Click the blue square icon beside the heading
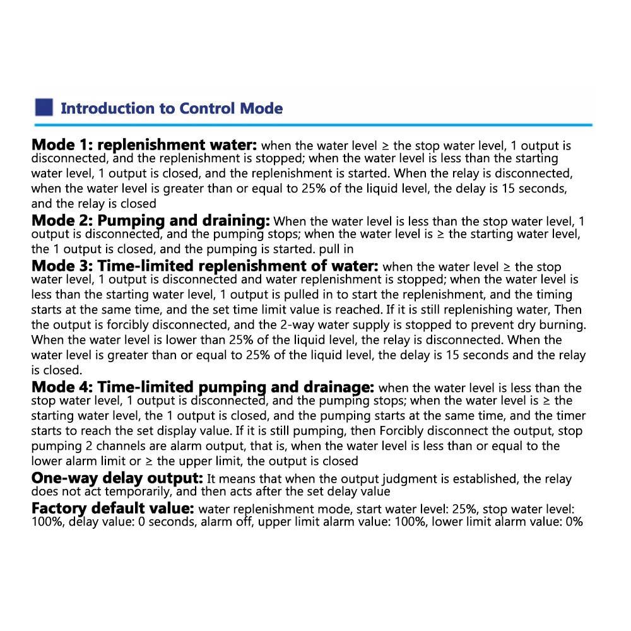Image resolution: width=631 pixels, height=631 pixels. click(44, 107)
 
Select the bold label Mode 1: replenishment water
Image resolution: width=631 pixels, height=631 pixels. click(144, 144)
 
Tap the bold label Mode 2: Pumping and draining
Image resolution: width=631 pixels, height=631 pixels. click(151, 220)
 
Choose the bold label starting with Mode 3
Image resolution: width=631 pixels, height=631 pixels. click(204, 266)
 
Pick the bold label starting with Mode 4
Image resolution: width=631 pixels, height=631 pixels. click(203, 386)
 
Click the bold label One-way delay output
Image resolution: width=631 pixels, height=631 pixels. click(117, 478)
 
